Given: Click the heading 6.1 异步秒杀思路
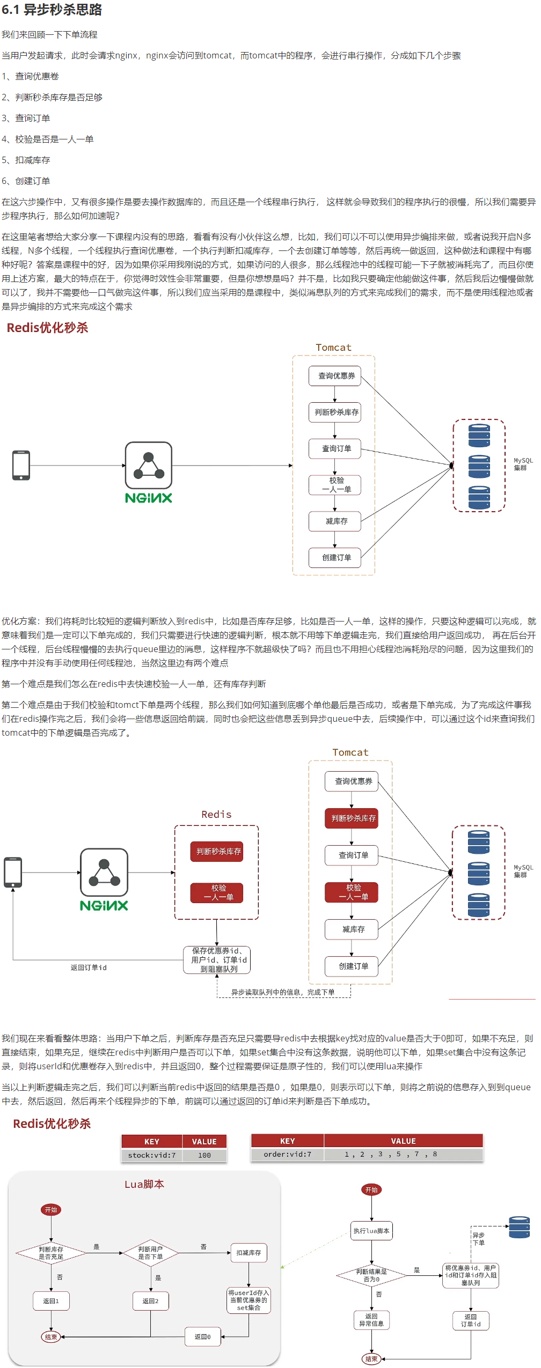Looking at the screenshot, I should [52, 10].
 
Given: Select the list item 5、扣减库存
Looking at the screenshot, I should [26, 160].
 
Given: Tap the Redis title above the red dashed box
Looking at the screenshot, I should [216, 814].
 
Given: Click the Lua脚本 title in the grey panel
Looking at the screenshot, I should [144, 1184].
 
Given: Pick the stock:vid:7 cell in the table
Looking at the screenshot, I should [151, 1155].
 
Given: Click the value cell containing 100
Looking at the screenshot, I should [204, 1155].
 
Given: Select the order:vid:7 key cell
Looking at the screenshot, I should [287, 1154].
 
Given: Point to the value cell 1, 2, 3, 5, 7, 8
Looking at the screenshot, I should [390, 1154].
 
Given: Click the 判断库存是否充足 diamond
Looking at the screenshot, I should [51, 1253].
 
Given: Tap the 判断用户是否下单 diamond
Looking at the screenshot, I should [150, 1253].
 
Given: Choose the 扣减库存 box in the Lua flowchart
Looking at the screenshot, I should [248, 1253].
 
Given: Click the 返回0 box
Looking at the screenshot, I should [202, 1336].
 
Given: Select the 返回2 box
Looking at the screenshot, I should [150, 1301].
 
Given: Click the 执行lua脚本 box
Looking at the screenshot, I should [371, 1231].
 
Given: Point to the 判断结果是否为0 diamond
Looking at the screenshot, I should [371, 1275].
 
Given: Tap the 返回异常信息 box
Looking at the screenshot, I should [371, 1320].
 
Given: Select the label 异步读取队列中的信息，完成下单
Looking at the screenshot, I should [282, 992].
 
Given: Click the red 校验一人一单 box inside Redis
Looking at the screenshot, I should [217, 892].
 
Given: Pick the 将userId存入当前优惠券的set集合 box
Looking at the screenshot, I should [248, 1300].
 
